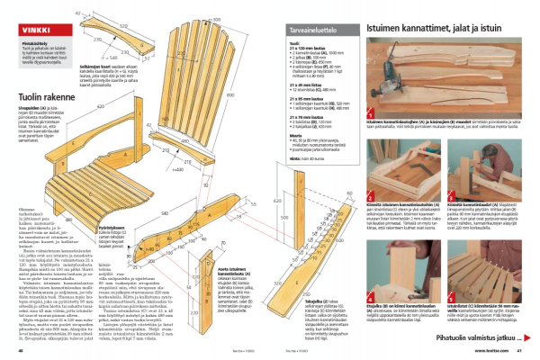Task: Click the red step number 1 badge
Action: click(x=373, y=120)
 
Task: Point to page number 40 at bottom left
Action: click(x=20, y=351)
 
